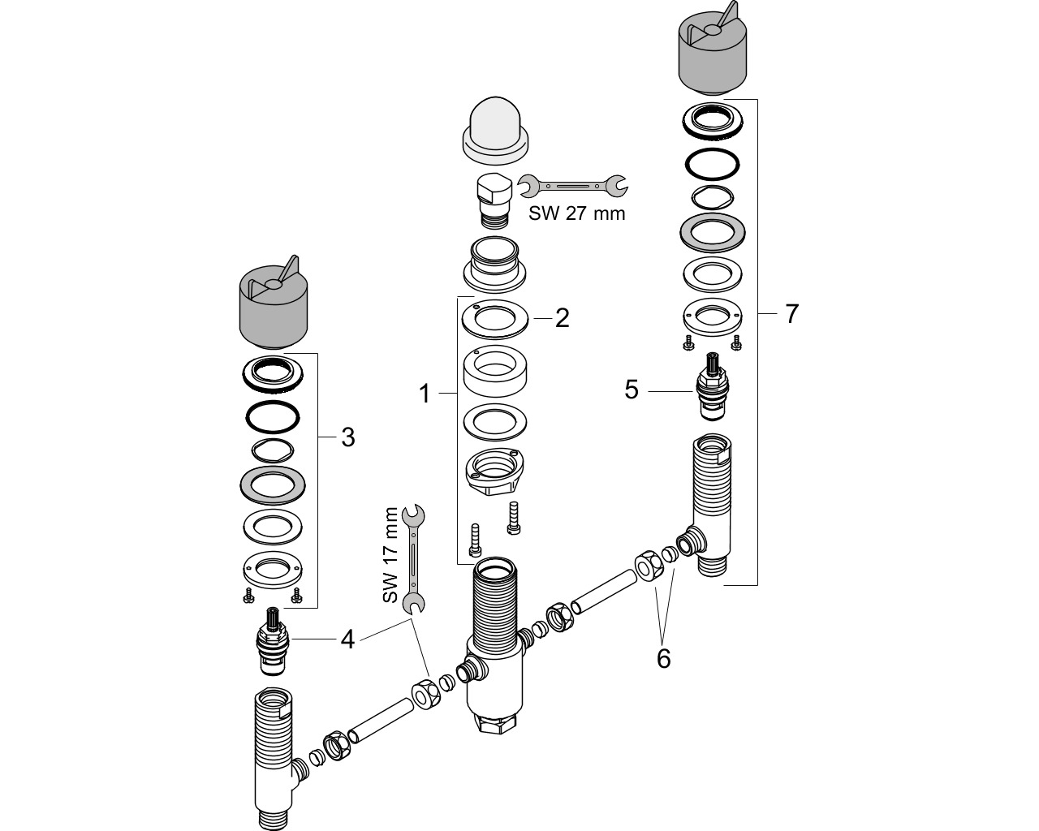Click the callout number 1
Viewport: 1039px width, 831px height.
tap(425, 394)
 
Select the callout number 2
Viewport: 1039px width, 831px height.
tap(562, 318)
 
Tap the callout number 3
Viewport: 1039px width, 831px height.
tap(348, 437)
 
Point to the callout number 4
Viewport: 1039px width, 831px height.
tap(347, 639)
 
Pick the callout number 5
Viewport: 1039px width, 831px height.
tap(632, 390)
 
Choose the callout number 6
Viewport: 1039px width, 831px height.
tap(664, 658)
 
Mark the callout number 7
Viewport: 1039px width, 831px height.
tap(791, 314)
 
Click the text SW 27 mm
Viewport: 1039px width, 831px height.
tap(576, 213)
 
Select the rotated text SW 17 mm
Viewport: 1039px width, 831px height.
tap(390, 555)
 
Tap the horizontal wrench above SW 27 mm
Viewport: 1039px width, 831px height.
tap(572, 185)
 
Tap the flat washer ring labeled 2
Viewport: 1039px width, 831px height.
tap(495, 319)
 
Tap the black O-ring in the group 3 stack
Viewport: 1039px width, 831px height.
tap(273, 416)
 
